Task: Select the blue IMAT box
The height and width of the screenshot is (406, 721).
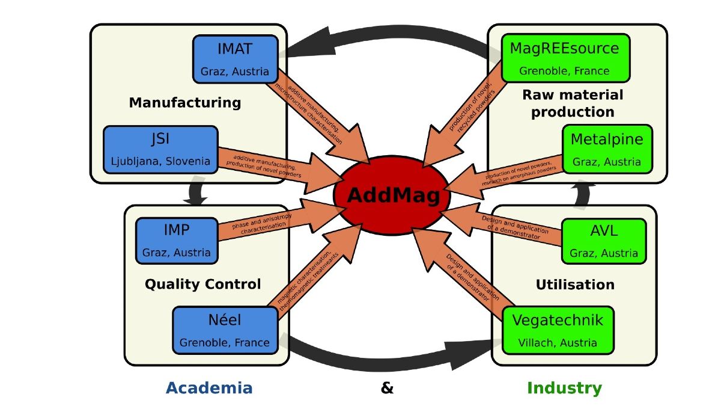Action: pos(235,59)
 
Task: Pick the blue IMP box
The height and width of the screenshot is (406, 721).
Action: pos(176,240)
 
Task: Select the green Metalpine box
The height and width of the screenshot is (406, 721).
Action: pos(606,149)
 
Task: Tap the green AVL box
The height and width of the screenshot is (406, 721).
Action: pos(603,241)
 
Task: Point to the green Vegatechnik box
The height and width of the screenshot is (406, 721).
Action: pos(556,331)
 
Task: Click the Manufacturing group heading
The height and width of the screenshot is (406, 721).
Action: pos(185,103)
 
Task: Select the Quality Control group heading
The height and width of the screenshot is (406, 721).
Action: pos(203,284)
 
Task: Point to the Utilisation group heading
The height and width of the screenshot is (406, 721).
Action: pos(576,284)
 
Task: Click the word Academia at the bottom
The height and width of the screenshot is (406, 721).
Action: pos(209,388)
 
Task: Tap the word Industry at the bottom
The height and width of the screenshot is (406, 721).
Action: pos(564,388)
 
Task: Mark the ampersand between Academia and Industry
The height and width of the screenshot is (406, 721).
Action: pos(388,388)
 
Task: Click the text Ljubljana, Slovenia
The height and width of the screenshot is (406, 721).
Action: pos(160,161)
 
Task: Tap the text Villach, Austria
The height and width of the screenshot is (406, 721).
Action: pos(558,343)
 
